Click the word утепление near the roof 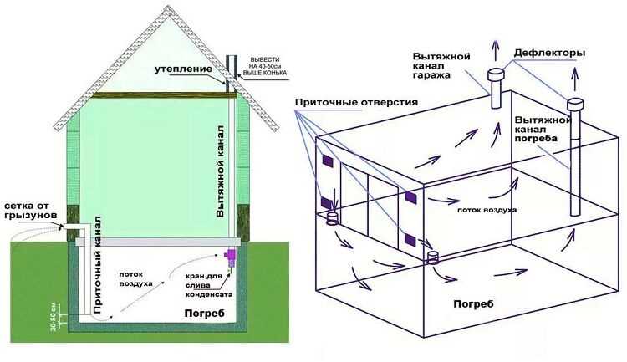184,69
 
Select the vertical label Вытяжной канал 220,171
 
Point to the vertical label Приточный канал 98,265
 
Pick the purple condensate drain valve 231,257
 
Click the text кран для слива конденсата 209,285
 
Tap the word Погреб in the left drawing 204,314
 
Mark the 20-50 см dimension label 54,317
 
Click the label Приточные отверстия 356,102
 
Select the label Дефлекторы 550,53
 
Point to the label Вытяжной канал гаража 441,65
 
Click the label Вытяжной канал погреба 543,130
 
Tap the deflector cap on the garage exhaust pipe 496,74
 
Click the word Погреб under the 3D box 473,304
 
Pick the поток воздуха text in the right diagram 487,210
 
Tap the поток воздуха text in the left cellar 136,278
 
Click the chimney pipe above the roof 232,71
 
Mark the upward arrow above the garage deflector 496,51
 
